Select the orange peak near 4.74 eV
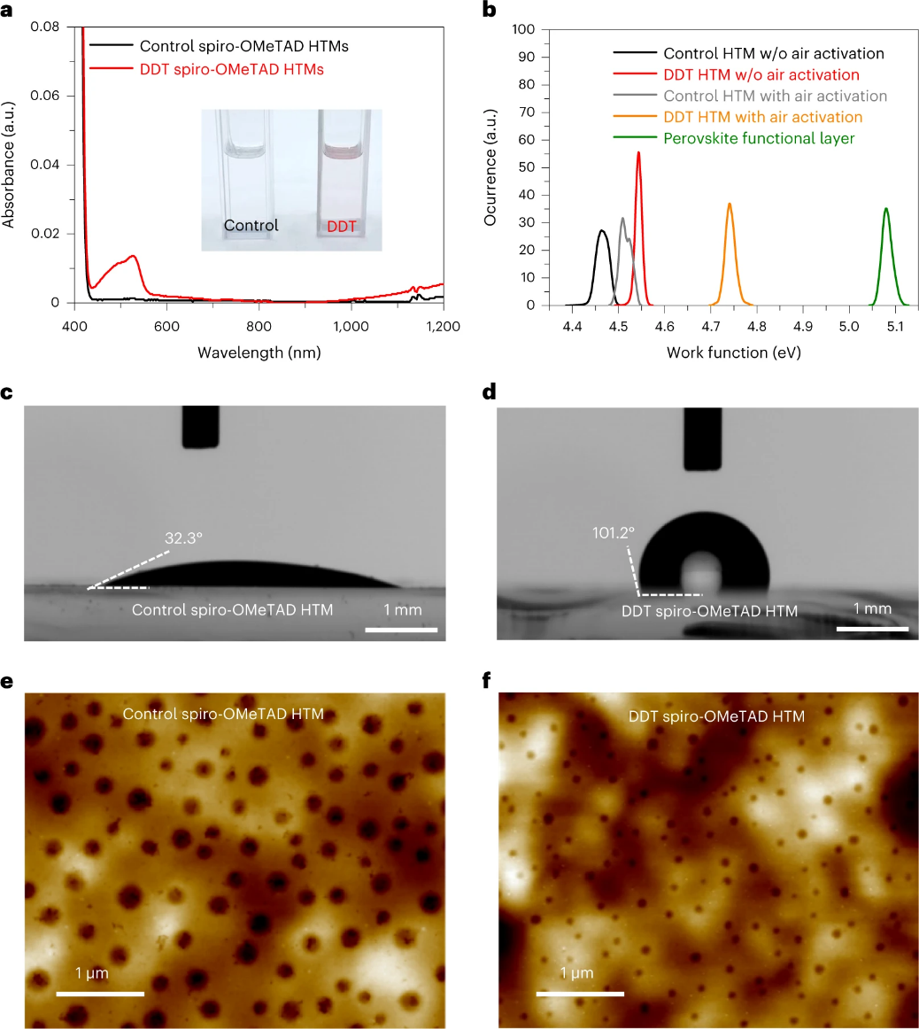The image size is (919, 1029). [730, 205]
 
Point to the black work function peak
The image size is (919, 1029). [602, 232]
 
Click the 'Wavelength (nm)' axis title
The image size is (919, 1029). [259, 352]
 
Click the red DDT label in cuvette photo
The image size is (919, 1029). [343, 227]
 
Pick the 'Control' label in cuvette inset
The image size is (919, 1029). [251, 225]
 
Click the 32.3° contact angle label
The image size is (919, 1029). [185, 537]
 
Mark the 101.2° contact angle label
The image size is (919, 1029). [614, 533]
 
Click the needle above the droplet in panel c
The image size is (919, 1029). [200, 427]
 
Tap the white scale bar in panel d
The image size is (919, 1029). [872, 630]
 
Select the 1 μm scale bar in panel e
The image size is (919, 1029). [100, 994]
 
